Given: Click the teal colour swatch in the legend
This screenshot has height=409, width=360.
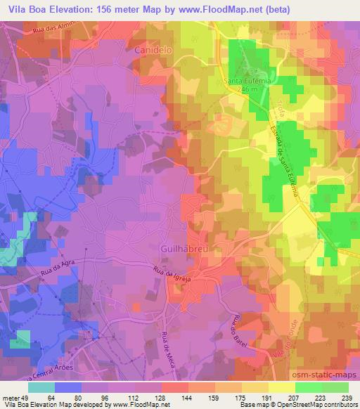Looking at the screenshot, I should click(x=41, y=387).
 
